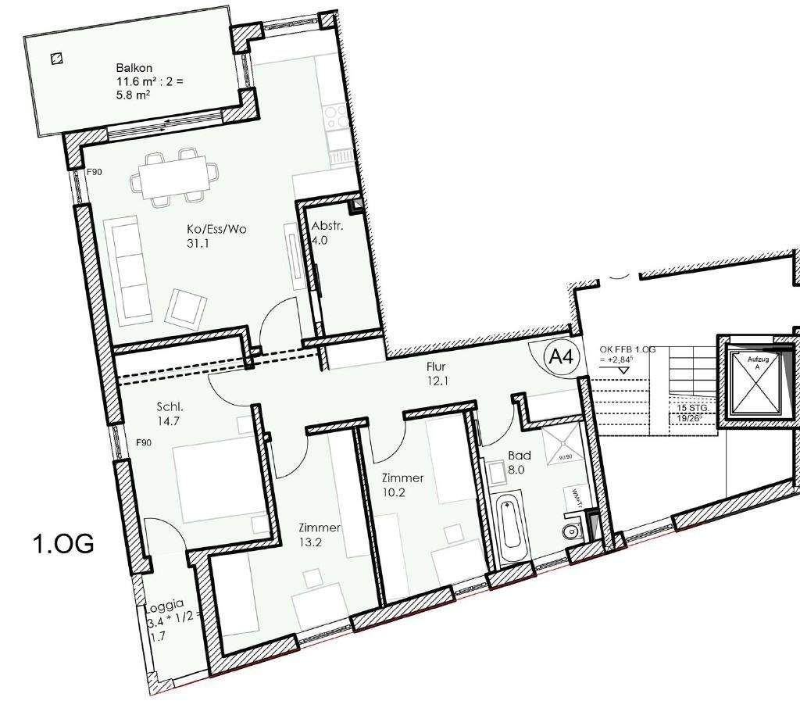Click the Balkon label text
[129, 68]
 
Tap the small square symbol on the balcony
[55, 58]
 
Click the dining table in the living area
[172, 177]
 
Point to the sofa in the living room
[126, 266]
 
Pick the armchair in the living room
[186, 308]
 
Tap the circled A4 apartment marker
[561, 358]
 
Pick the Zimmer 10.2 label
[402, 485]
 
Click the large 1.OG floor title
[63, 542]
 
